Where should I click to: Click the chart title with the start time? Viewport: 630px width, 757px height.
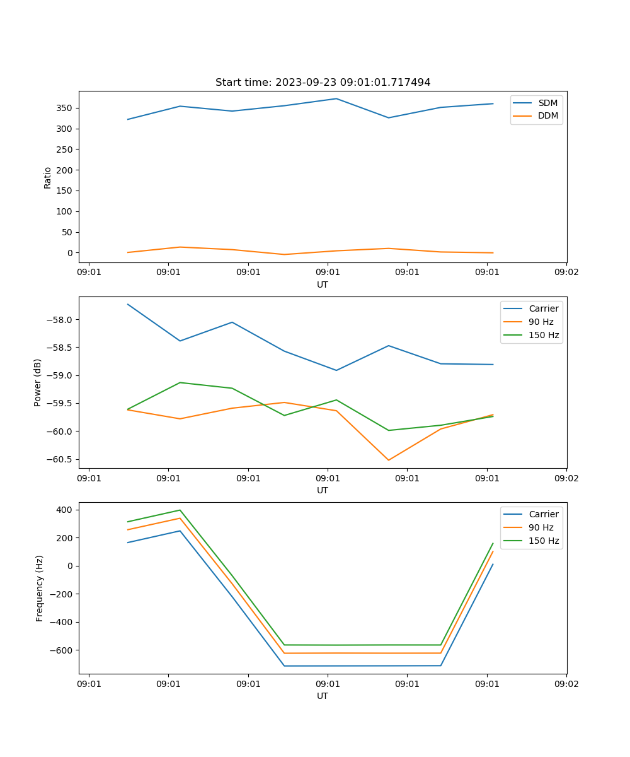click(x=323, y=83)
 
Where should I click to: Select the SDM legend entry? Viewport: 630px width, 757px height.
click(x=547, y=103)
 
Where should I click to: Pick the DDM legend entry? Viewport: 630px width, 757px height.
click(x=547, y=116)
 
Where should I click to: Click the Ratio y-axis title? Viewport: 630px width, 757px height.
click(x=48, y=177)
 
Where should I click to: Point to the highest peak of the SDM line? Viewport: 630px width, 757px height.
click(x=336, y=98)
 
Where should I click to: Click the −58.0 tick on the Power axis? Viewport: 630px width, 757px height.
click(x=60, y=319)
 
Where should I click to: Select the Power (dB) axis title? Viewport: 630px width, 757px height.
click(x=38, y=382)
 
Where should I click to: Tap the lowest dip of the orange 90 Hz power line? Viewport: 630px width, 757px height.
click(x=388, y=460)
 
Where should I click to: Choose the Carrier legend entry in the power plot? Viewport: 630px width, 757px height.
click(x=543, y=308)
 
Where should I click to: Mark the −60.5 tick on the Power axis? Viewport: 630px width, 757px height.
click(x=60, y=459)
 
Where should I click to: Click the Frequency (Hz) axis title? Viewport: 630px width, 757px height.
click(x=40, y=588)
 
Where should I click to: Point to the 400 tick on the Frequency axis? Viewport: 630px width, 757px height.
click(x=66, y=510)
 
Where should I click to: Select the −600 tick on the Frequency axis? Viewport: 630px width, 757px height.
click(x=63, y=650)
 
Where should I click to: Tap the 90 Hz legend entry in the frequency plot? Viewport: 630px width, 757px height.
click(x=541, y=527)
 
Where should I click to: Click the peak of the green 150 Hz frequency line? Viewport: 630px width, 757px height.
click(x=180, y=510)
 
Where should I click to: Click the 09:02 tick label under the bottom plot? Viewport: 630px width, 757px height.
click(x=566, y=683)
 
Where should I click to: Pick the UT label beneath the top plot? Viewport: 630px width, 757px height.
click(x=323, y=285)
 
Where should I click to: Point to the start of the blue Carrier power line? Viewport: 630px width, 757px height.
click(x=128, y=304)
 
